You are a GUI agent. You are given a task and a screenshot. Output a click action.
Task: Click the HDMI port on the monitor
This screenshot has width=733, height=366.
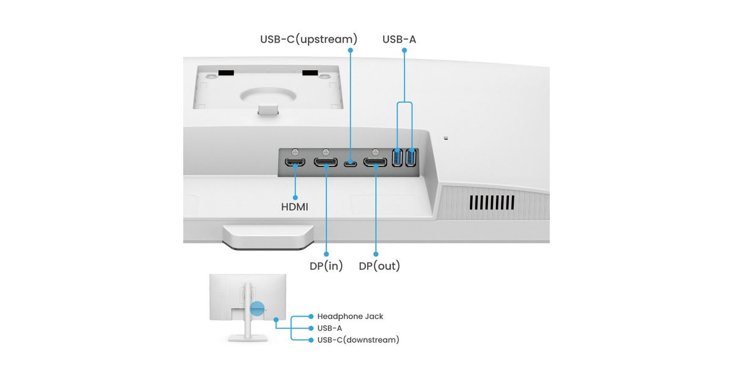pos(296,163)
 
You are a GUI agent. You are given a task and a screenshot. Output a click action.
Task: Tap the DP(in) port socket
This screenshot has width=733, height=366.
pos(326,163)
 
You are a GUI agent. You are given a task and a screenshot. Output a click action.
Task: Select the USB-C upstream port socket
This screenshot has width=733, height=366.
pos(350,163)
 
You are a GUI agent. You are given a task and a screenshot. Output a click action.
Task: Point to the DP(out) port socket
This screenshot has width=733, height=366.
pos(375,163)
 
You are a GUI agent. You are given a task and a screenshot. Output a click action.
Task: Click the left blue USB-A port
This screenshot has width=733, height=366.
pos(398,159)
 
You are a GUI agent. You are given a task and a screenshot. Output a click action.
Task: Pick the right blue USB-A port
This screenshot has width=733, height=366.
pos(410,159)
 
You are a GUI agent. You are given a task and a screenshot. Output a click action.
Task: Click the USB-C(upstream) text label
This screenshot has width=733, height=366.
pos(308,40)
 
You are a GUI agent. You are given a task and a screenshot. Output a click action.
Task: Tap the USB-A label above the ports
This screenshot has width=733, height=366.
pos(399,40)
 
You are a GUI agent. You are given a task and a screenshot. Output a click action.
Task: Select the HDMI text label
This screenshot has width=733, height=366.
pos(294,207)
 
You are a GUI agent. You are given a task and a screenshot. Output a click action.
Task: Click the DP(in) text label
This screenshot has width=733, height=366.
pos(326,266)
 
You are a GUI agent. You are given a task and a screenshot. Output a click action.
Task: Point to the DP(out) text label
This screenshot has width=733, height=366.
pos(379,266)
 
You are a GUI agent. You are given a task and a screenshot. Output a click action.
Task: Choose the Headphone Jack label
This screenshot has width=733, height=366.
pos(350,317)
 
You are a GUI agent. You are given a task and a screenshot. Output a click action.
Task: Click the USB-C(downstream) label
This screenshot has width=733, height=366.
pos(358,340)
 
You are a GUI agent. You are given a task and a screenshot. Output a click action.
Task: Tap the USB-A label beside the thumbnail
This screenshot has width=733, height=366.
pos(329,328)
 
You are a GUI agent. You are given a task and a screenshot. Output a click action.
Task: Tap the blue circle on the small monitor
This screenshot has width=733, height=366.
pos(258,309)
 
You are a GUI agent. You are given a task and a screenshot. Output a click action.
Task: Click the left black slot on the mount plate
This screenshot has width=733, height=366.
pos(225,73)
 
